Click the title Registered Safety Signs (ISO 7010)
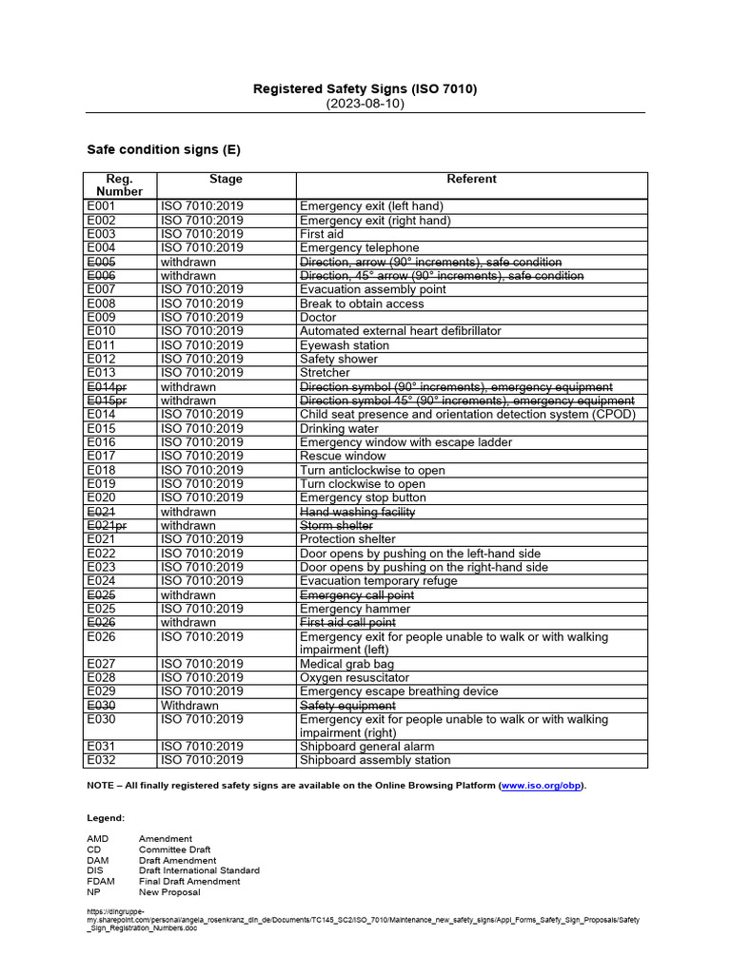click(365, 88)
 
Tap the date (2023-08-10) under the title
click(365, 104)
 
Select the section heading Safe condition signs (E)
click(164, 149)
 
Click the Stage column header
click(226, 179)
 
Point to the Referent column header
click(471, 179)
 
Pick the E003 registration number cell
click(101, 234)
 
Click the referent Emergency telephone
click(359, 248)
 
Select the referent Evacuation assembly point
click(372, 289)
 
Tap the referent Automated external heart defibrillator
click(400, 331)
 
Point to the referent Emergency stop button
click(363, 497)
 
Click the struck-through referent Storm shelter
click(336, 525)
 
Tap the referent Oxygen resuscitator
click(355, 677)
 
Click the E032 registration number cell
click(101, 760)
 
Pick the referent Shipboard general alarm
click(368, 747)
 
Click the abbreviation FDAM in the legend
click(100, 881)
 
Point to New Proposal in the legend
click(169, 892)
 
